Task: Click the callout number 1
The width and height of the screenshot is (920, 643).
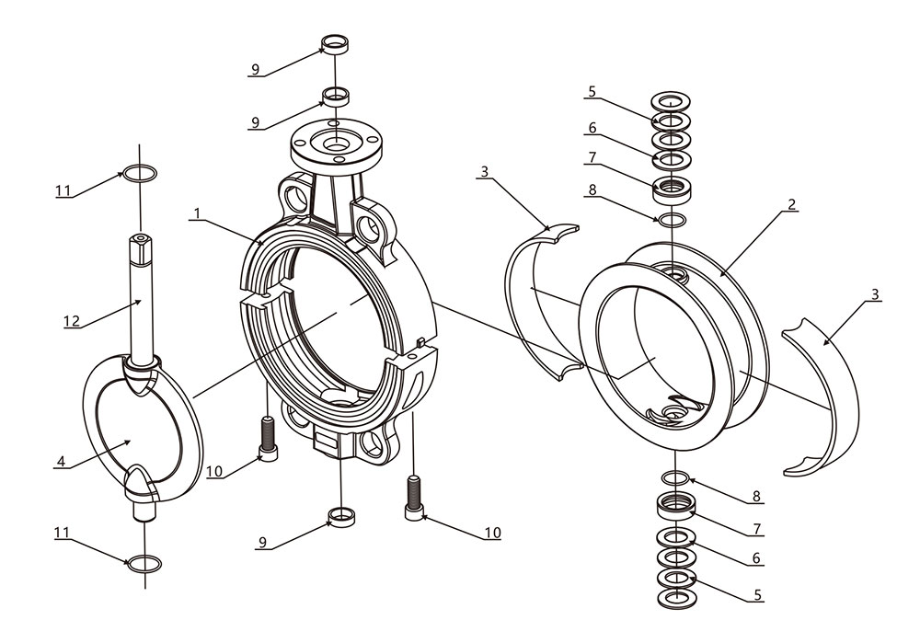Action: coord(197,213)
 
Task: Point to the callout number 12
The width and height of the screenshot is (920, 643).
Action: coord(72,320)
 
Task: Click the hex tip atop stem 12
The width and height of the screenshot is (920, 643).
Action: coord(140,240)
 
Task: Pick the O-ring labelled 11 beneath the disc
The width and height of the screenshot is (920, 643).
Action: coord(140,562)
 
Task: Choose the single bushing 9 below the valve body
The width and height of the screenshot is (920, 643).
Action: coord(342,515)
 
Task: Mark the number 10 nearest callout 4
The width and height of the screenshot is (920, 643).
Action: coord(214,472)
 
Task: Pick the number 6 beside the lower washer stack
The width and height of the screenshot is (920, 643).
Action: coord(756,558)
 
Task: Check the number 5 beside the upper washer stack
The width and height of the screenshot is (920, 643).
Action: coord(592,91)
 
